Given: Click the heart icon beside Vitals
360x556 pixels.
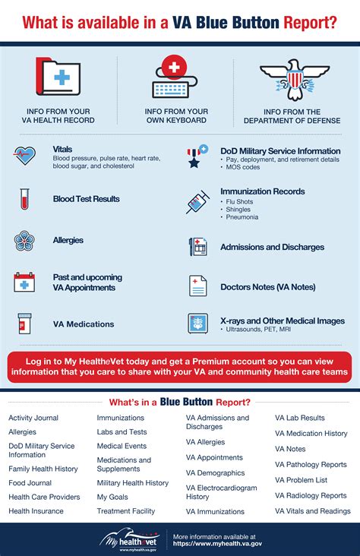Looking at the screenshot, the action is (25, 156).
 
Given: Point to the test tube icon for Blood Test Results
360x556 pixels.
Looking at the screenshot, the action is (24, 199).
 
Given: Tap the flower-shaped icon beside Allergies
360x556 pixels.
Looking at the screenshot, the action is (24, 241).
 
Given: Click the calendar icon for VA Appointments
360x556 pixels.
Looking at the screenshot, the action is (24, 283).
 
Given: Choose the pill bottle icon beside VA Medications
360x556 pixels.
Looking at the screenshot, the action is (24, 324).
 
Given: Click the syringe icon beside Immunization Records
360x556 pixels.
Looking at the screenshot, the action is (197, 202).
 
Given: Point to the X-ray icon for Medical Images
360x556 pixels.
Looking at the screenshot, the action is (197, 324).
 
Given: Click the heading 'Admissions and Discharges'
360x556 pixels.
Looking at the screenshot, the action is (272, 247).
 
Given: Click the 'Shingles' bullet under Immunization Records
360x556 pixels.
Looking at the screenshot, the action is (242, 210).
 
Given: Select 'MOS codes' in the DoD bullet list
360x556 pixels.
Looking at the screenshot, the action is (245, 168).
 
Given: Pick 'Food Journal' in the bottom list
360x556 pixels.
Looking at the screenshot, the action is (30, 482).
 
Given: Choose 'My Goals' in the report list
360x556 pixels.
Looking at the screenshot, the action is (113, 497).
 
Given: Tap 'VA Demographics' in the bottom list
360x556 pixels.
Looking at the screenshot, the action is (215, 472).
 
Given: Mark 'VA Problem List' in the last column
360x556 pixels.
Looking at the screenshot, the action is (301, 480).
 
